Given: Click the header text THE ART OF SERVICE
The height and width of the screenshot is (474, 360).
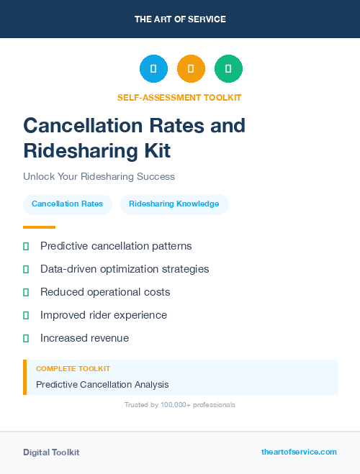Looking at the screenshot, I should point(180,19).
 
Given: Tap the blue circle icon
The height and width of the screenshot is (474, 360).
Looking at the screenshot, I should point(153,69).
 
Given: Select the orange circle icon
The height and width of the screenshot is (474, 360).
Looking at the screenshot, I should point(191,69).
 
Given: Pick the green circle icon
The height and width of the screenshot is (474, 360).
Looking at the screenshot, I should point(228,69).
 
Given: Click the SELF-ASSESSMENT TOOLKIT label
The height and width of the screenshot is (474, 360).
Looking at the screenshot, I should point(179,97).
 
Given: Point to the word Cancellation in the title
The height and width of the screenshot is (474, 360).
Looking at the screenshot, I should point(81,126).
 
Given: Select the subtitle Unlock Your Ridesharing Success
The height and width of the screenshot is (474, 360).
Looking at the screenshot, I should point(99,176).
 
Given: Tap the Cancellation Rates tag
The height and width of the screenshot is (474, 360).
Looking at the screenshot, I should point(67,204).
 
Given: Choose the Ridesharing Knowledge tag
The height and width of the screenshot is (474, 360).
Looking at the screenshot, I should point(174,204).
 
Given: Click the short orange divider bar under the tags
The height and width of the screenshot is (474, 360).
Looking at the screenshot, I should point(39,227).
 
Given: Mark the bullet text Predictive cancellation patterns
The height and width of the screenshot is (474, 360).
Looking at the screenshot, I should point(116,246).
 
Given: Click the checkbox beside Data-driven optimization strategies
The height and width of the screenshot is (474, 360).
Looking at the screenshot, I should point(26,269).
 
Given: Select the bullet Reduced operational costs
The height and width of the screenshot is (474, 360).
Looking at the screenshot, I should point(105,292).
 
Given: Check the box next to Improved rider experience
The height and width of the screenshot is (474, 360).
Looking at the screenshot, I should point(26,315).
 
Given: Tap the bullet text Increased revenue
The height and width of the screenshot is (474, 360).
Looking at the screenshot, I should point(84,338).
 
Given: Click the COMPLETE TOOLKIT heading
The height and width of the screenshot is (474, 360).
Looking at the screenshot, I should point(73,368).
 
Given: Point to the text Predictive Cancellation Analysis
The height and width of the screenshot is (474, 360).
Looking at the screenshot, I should point(102,385).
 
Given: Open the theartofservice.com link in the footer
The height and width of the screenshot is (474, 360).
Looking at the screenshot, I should point(299,452).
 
